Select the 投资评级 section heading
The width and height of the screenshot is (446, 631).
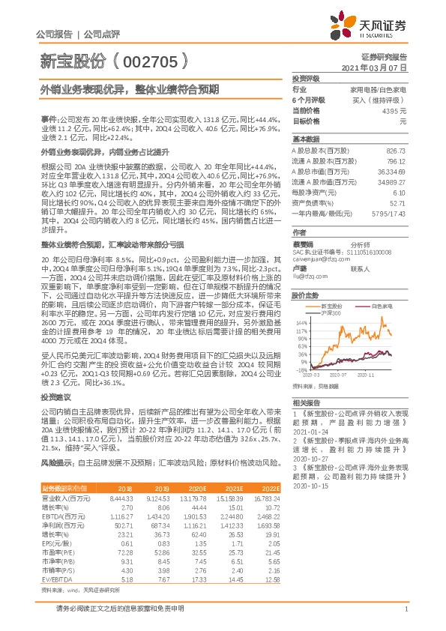click(x=306, y=78)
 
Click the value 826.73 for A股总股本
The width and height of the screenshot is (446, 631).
click(x=394, y=150)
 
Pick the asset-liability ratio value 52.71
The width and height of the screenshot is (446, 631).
click(x=397, y=202)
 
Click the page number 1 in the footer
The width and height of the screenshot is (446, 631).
click(x=406, y=619)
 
